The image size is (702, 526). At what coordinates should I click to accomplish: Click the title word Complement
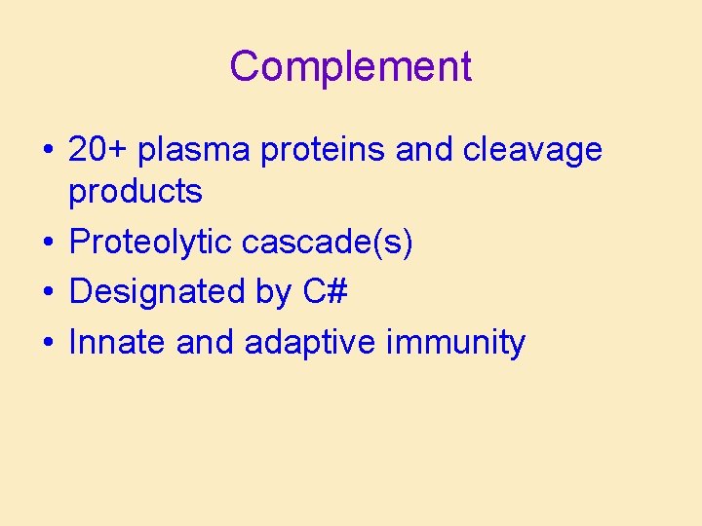351,67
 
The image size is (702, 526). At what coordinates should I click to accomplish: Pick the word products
136,193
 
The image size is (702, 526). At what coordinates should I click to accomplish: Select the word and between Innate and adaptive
206,343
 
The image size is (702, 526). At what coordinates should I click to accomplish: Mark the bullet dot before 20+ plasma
48,152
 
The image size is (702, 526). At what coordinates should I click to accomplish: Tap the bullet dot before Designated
48,293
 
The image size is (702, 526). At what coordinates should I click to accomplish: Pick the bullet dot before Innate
48,344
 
